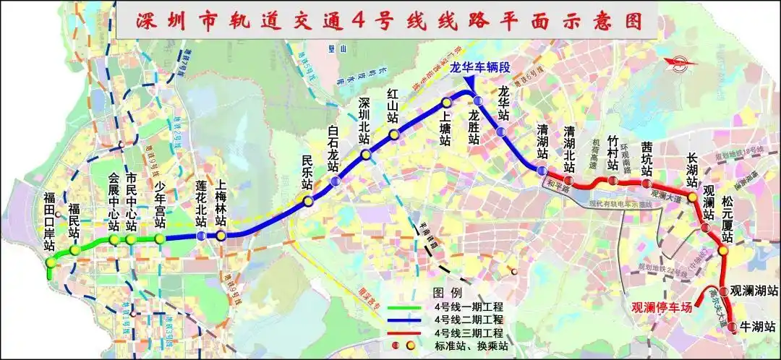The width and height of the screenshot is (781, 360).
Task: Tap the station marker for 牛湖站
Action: [x=733, y=327]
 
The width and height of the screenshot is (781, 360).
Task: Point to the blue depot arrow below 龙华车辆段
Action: [x=470, y=85]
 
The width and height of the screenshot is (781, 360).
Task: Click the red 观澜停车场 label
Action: [x=662, y=307]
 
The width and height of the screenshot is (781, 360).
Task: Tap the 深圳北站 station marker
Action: [x=366, y=154]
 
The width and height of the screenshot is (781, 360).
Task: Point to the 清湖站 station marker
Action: [x=542, y=170]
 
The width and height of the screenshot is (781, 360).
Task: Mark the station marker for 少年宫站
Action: [x=160, y=239]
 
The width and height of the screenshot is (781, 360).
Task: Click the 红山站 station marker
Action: [x=394, y=134]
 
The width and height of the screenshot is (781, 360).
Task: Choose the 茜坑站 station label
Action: [x=646, y=160]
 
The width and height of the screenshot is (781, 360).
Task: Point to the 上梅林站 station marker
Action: [x=221, y=236]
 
